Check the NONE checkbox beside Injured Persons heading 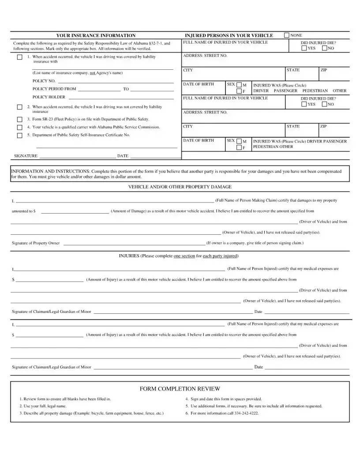pos(287,35)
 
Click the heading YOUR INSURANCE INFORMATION pos(96,35)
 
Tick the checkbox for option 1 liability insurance pos(19,57)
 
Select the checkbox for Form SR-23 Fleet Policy pos(19,119)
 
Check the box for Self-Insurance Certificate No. pos(19,135)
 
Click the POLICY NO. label pos(44,81)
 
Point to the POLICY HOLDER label pos(49,97)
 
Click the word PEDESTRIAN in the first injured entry pos(315,90)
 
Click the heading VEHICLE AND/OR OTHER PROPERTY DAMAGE pos(180,187)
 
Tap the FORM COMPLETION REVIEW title pos(180,389)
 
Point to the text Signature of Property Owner pos(36,243)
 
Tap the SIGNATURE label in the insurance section pos(26,156)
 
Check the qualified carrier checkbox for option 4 pos(19,127)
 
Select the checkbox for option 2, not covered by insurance pos(19,107)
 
